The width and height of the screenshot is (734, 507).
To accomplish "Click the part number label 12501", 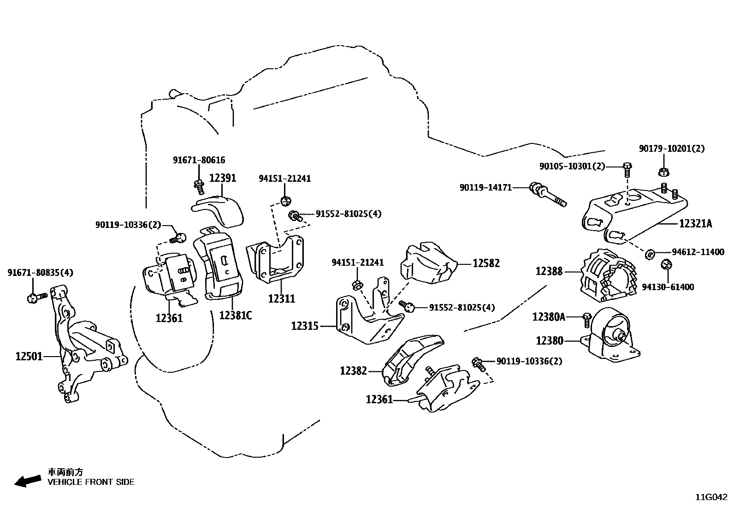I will pyautogui.click(x=29, y=356).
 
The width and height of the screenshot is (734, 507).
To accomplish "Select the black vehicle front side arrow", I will pyautogui.click(x=27, y=481).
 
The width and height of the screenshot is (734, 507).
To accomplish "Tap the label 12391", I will pyautogui.click(x=223, y=178).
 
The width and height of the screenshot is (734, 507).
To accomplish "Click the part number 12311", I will pyautogui.click(x=281, y=298).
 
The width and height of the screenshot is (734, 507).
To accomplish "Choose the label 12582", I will pyautogui.click(x=486, y=263).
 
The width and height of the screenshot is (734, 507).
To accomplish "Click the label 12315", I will pyautogui.click(x=305, y=326).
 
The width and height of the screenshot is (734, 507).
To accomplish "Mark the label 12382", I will pyautogui.click(x=354, y=370).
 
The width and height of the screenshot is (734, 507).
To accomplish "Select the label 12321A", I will pyautogui.click(x=695, y=224).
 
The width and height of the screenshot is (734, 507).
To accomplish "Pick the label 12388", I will pyautogui.click(x=549, y=271).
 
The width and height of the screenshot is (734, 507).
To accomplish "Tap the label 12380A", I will pyautogui.click(x=549, y=316).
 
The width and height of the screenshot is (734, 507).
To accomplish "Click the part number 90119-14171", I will pyautogui.click(x=485, y=188).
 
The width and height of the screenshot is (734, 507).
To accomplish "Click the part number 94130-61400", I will pyautogui.click(x=668, y=287).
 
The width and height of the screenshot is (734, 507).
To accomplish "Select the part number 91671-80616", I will pyautogui.click(x=199, y=160).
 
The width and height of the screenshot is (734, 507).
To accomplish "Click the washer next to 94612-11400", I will pyautogui.click(x=650, y=253).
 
